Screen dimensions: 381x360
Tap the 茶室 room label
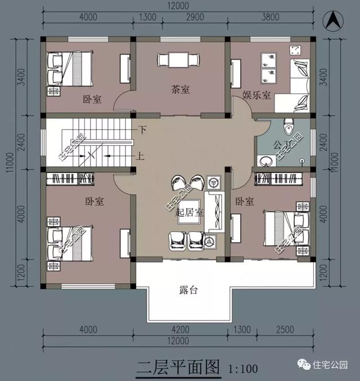180,89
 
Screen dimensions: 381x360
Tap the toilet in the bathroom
289,126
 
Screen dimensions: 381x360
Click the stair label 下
142,130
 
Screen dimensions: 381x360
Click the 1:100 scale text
243,369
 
